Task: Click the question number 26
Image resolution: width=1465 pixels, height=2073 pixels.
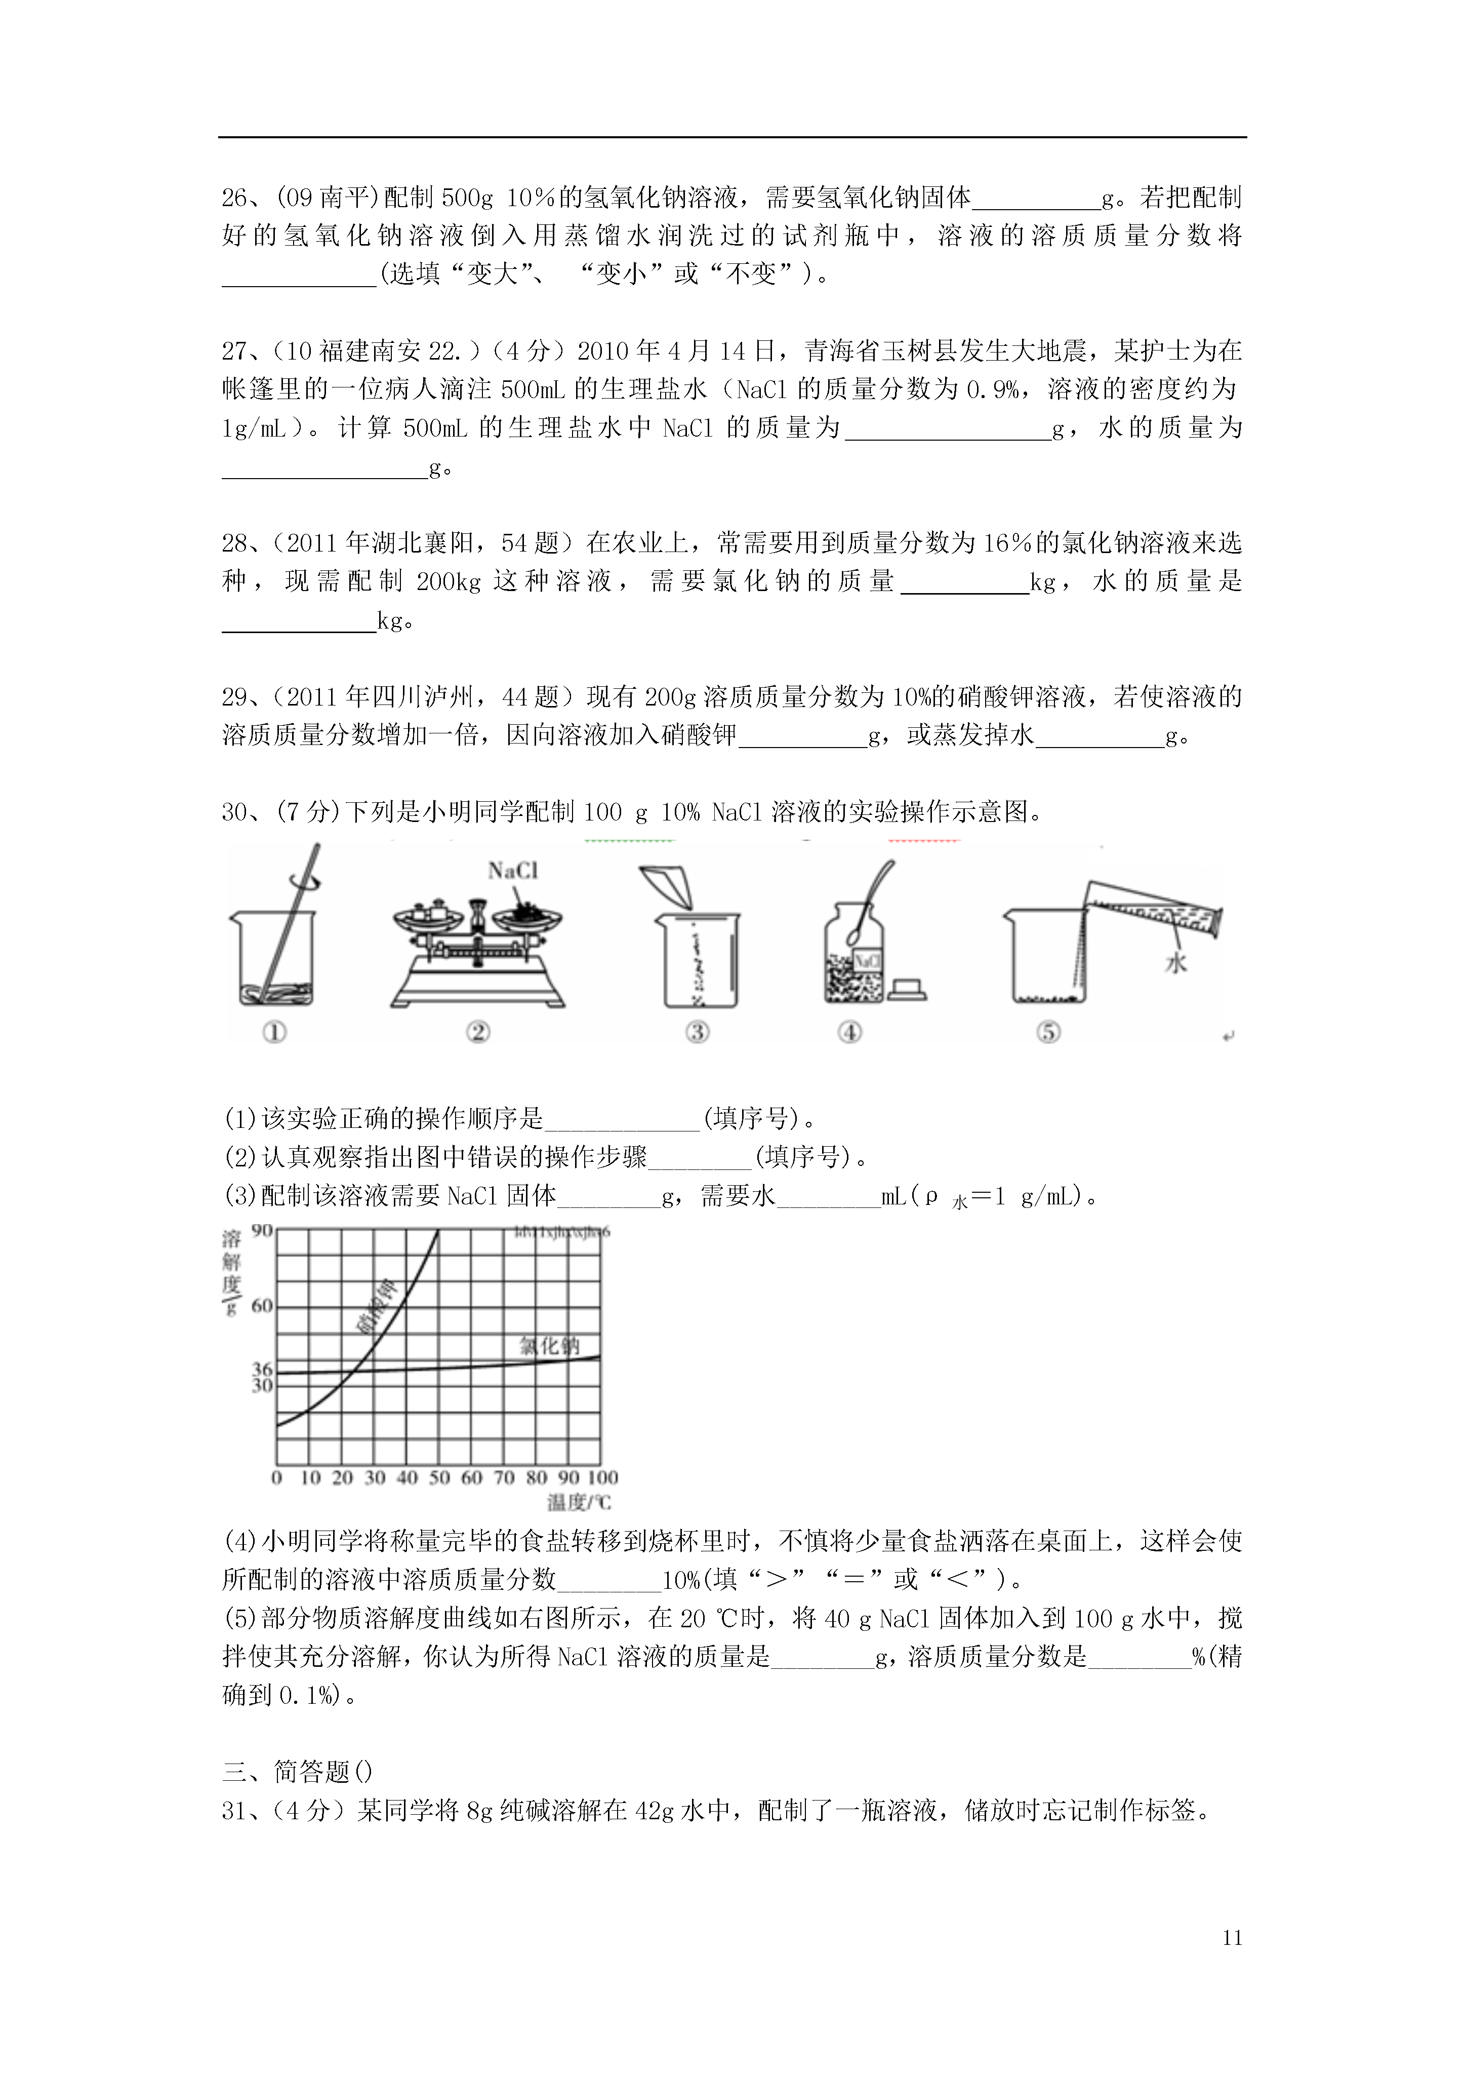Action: (236, 198)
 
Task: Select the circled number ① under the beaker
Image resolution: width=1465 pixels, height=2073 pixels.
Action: (274, 1032)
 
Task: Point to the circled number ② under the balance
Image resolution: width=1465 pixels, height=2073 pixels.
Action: (478, 1032)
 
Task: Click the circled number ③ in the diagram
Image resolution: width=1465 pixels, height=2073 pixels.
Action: (698, 1032)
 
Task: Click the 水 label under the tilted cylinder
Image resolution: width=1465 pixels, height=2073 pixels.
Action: (1176, 963)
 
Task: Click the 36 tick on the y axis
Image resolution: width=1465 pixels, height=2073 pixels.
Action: (262, 1370)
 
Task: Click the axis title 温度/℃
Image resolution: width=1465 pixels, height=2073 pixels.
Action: (579, 1502)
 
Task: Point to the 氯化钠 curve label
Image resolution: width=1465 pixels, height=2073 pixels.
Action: (549, 1346)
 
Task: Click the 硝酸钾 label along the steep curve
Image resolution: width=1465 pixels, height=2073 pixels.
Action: (377, 1307)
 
